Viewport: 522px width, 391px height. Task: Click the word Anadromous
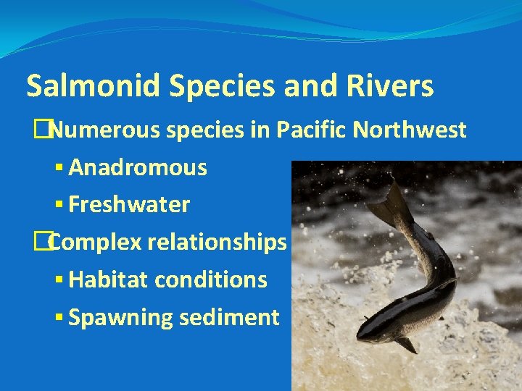click(138, 168)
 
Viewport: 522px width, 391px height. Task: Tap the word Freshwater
click(129, 205)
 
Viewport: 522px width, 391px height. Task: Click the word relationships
click(217, 243)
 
